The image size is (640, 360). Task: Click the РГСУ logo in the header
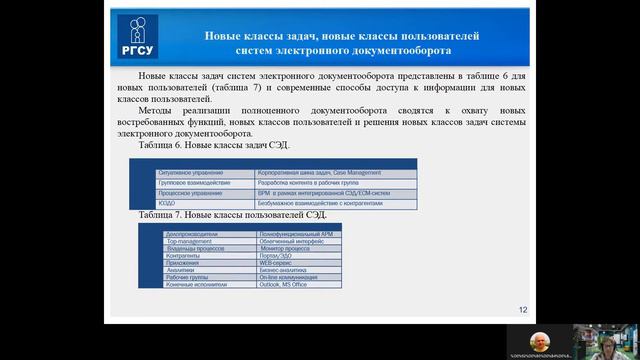tap(137, 37)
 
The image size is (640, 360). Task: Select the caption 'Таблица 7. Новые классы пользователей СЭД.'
tap(234, 215)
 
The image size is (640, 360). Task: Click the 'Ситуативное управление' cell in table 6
tap(191, 173)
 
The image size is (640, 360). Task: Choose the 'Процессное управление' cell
tap(191, 193)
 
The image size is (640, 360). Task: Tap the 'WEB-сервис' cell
tap(273, 263)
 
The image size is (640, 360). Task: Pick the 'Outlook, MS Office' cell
tap(279, 285)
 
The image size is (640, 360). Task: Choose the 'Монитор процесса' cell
tap(279, 248)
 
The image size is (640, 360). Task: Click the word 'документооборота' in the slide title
tap(391, 50)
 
